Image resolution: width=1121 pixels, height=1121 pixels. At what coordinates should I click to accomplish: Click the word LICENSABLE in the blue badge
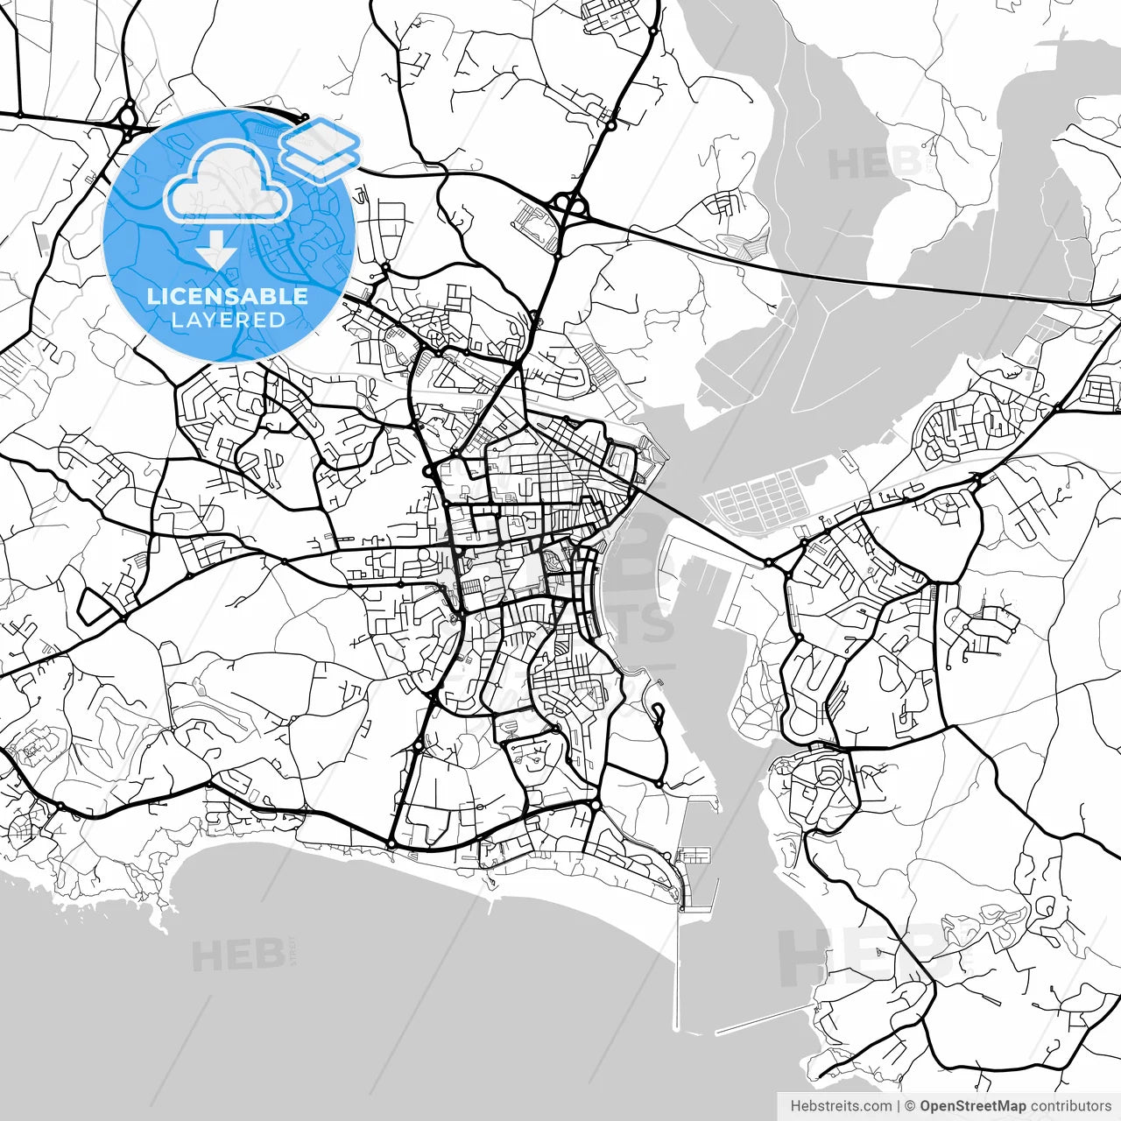pos(228,296)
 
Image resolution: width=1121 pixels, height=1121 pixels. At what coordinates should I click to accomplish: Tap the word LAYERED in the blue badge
pos(228,320)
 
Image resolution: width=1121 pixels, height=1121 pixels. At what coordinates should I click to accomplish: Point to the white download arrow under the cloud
pos(215,252)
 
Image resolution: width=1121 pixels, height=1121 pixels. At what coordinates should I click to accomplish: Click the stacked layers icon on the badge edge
pos(321,149)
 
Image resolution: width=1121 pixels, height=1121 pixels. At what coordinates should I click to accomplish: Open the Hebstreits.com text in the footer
pos(841,1106)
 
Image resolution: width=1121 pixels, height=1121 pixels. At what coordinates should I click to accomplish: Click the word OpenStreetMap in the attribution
pos(972,1106)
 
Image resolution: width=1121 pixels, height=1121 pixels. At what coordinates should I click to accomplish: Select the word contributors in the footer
pos(1071,1106)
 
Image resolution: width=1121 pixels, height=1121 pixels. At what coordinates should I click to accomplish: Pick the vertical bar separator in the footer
pos(899,1106)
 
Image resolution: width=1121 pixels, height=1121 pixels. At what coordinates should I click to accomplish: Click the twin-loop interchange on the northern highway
pos(569,206)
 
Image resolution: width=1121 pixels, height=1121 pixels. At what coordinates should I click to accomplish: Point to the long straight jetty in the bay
pos(676,963)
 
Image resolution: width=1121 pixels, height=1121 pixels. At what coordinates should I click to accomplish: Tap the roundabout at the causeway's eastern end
pos(768,562)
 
